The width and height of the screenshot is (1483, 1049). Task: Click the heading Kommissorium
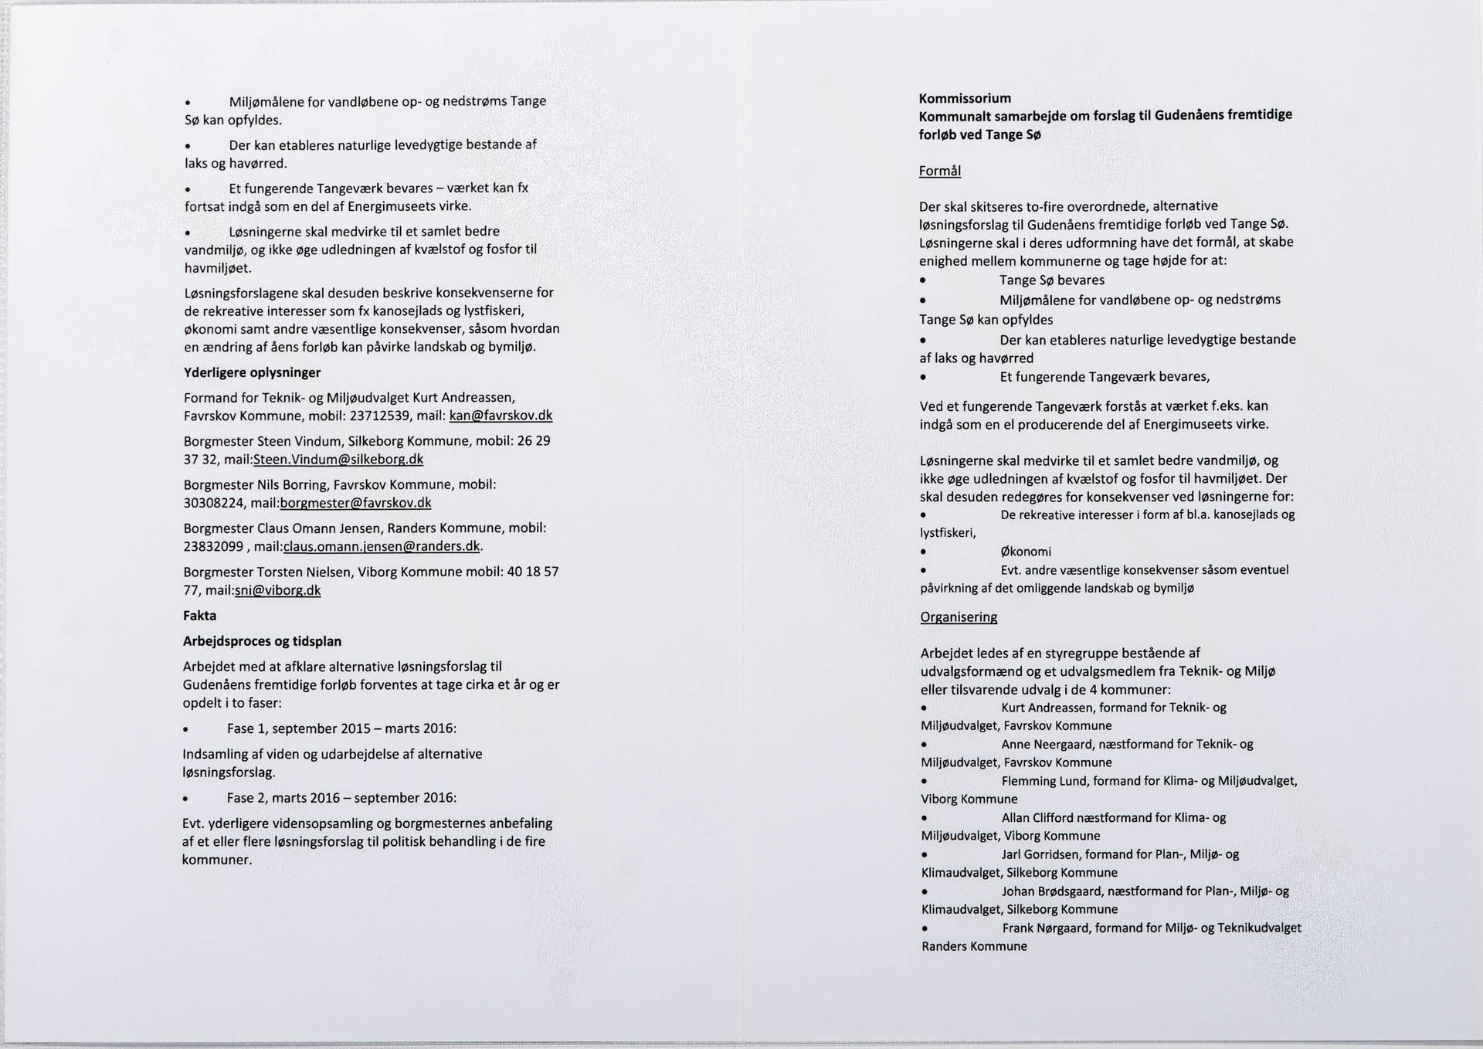(965, 98)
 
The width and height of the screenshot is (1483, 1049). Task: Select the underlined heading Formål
(939, 171)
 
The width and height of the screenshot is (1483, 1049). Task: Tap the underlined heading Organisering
(959, 617)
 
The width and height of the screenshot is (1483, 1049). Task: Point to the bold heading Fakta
(199, 616)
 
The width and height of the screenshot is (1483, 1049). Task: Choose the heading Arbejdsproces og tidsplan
(262, 641)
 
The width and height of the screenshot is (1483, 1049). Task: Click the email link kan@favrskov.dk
(501, 416)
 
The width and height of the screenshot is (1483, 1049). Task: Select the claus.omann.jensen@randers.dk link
(382, 546)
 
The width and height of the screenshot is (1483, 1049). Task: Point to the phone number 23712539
(378, 416)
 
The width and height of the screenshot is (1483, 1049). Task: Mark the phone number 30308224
(214, 503)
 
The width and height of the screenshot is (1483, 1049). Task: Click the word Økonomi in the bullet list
(1025, 552)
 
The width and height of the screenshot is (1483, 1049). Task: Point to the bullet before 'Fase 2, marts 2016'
(185, 799)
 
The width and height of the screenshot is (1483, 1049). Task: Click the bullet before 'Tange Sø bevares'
(923, 281)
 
